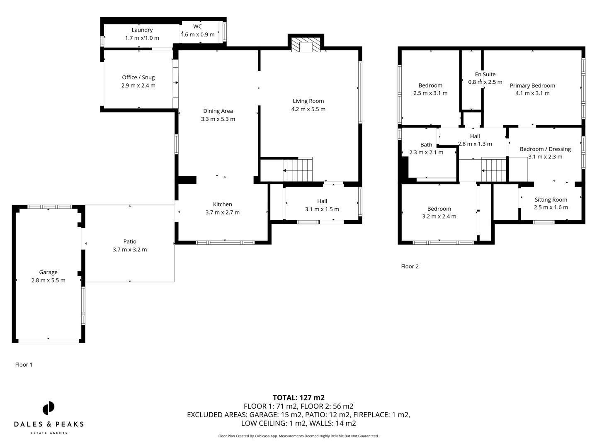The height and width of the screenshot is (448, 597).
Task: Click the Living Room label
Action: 308,101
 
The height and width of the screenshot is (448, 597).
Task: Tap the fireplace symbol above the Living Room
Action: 306,45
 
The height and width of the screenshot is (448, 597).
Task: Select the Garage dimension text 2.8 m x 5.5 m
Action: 48,280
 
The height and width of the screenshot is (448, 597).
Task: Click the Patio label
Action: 129,241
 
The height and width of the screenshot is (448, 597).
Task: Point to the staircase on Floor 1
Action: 297,170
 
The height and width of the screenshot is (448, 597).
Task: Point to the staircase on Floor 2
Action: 494,170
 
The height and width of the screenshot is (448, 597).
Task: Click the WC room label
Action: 197,27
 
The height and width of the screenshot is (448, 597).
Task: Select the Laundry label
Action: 142,30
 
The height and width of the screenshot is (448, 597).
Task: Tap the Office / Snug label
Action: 138,78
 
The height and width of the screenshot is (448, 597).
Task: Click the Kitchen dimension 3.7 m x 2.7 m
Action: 222,212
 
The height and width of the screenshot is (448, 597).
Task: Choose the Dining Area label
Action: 218,111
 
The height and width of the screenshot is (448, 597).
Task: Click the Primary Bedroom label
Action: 532,85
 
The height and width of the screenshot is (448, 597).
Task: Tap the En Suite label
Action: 485,75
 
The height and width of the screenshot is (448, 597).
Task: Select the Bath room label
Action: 426,145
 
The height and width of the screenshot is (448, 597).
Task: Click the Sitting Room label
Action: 551,200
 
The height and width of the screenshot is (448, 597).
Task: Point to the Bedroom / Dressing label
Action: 545,149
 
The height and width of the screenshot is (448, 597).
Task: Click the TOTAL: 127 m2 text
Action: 298,398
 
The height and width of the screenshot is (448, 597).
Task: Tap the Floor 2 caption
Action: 410,266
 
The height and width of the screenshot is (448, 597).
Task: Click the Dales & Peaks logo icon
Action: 49,408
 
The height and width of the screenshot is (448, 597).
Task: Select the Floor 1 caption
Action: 24,365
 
